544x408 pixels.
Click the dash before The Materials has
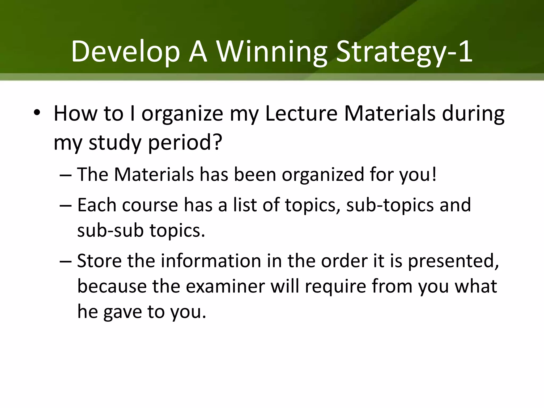click(x=65, y=175)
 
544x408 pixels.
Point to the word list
click(x=245, y=205)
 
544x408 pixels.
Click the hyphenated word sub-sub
click(x=110, y=230)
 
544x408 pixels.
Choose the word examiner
click(x=225, y=286)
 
